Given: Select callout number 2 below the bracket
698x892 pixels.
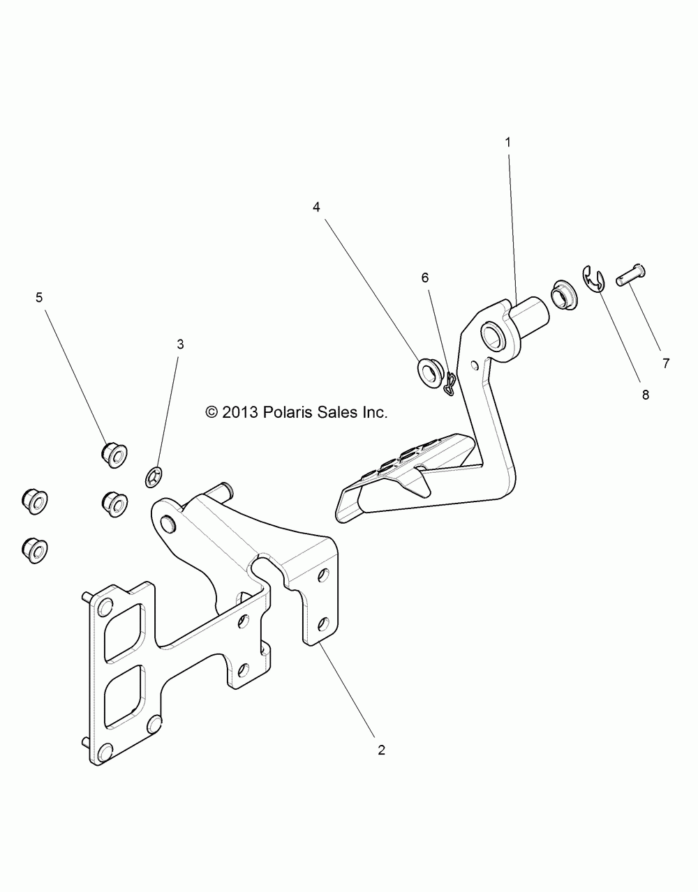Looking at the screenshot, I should tap(381, 750).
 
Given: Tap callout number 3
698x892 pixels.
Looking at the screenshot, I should tap(180, 344).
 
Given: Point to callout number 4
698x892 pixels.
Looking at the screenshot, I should tap(316, 207).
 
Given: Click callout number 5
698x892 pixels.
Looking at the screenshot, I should tap(39, 298).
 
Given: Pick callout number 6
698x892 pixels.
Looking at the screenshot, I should tap(425, 277).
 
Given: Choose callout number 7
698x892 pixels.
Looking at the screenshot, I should tap(666, 363).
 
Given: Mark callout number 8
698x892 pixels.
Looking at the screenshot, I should tap(645, 394).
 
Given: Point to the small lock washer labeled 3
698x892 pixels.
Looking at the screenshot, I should tap(154, 478).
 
